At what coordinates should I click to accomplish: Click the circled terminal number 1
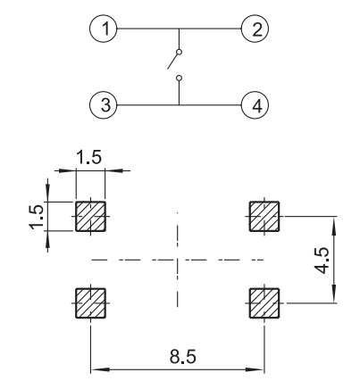104,29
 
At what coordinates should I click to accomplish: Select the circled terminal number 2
255,29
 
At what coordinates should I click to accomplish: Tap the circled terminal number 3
104,105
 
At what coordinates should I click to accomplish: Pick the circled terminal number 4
255,105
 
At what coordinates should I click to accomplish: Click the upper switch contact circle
179,53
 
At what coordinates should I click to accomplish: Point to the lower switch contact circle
179,79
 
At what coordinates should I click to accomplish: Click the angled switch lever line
172,62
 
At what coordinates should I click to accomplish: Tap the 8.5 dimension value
183,357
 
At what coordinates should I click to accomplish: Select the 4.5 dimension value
322,261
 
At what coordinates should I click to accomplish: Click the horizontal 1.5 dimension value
89,157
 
